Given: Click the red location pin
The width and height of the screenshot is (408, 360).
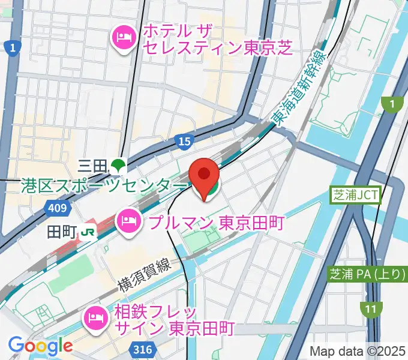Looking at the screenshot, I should (x=204, y=174).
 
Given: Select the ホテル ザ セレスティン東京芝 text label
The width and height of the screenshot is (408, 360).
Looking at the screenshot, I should (x=216, y=38).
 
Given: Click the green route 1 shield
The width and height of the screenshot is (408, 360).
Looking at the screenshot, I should (x=392, y=105).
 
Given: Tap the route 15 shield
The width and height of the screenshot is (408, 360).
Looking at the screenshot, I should (x=185, y=142).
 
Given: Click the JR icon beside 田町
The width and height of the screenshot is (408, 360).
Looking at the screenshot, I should (x=88, y=231).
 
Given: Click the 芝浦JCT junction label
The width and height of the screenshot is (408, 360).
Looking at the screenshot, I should (x=356, y=195).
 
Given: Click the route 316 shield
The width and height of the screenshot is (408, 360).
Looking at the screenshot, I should (x=143, y=350).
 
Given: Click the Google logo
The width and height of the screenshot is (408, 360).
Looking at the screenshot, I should (x=40, y=346).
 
